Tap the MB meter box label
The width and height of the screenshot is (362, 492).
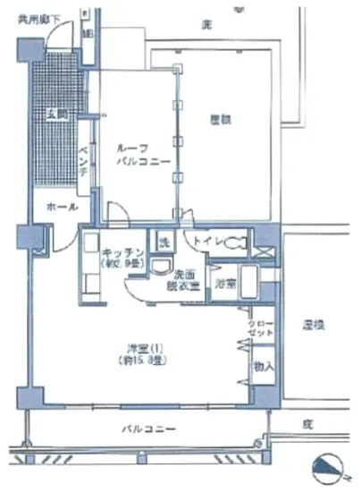click(88, 33)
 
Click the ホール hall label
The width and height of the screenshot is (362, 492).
click(59, 207)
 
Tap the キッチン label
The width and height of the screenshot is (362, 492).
click(117, 252)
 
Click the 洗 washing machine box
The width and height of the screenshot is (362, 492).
click(164, 242)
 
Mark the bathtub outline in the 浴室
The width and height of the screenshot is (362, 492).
click(248, 284)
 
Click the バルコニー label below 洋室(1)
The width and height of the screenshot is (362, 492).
click(148, 428)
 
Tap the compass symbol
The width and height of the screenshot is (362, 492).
click(333, 468)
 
